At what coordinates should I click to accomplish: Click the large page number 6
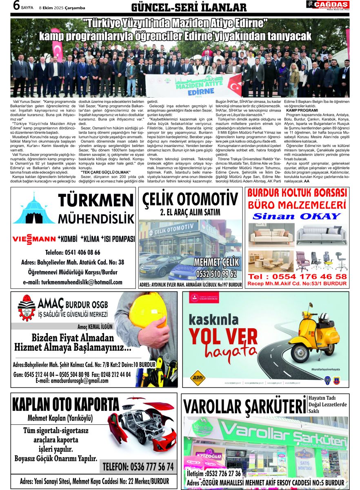tap(16, 6)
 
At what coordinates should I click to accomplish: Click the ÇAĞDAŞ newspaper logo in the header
tap(328, 5)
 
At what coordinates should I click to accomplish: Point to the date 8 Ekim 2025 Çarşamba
tap(61, 8)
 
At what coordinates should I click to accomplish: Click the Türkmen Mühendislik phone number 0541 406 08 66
tap(73, 252)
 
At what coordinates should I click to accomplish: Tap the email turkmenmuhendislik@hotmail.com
tap(73, 282)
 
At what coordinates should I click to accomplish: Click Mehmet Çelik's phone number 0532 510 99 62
tap(216, 273)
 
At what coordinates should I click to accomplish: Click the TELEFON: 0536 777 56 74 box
tap(138, 466)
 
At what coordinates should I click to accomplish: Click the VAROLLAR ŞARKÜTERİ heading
tap(244, 407)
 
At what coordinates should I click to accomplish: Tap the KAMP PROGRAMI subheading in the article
tap(302, 110)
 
